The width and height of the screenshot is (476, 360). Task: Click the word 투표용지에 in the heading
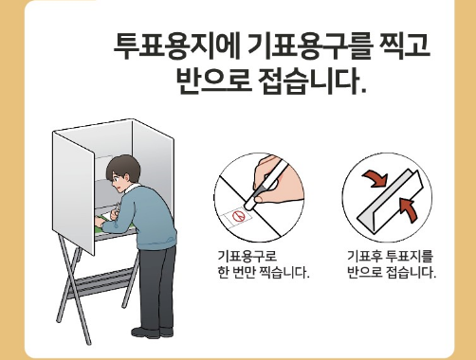coord(177,46)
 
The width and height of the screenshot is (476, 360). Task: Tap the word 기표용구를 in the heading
coord(310,46)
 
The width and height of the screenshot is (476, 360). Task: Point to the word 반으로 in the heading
coord(213,81)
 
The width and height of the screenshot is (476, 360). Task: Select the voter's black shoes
coord(153,333)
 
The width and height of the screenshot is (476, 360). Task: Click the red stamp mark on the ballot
coord(238,216)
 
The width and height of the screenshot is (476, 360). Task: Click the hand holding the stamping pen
coord(278,180)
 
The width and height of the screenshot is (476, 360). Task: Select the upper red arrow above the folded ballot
coord(375,178)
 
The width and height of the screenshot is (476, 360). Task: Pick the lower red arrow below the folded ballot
coord(409,209)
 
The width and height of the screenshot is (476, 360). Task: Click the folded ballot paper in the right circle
coord(391,202)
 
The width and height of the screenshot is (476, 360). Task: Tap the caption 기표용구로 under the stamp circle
coord(247,256)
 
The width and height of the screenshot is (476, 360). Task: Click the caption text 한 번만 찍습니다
coord(263,272)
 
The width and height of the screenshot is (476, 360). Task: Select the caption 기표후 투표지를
coord(390,256)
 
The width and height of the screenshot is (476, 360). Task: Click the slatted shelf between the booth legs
coord(101,282)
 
